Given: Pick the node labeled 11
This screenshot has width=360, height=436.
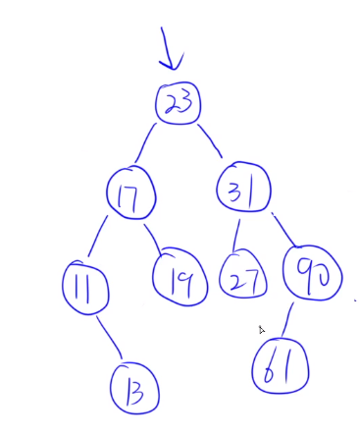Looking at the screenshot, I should [83, 287].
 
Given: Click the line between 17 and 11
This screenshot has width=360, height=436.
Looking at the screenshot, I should [102, 239].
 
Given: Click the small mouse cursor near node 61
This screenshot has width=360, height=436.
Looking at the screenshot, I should [262, 331].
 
